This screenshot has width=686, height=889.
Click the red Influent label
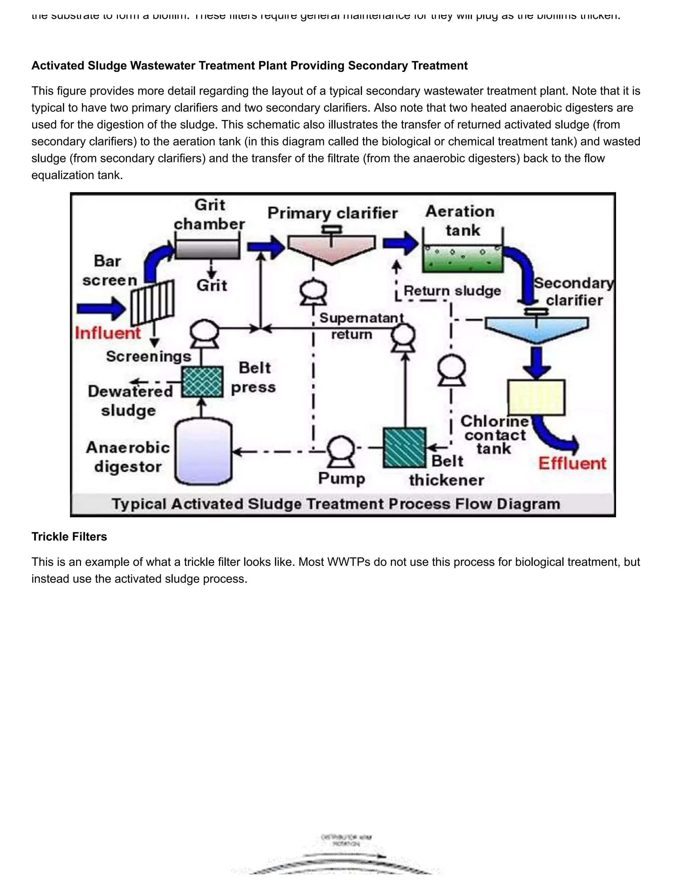point(108,333)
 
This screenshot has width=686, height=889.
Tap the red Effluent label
point(572,463)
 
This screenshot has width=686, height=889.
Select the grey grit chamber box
point(207,249)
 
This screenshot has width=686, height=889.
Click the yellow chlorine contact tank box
point(536,397)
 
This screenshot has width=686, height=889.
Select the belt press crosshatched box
point(202,382)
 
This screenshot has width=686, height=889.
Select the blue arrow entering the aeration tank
point(400,243)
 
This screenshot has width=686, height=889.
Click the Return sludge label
point(452,291)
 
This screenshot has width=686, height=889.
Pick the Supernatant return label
point(361,325)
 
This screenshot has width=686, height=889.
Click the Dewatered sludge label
point(130,401)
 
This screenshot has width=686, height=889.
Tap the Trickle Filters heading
point(69,536)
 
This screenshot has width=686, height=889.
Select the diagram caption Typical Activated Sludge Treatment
point(336,504)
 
